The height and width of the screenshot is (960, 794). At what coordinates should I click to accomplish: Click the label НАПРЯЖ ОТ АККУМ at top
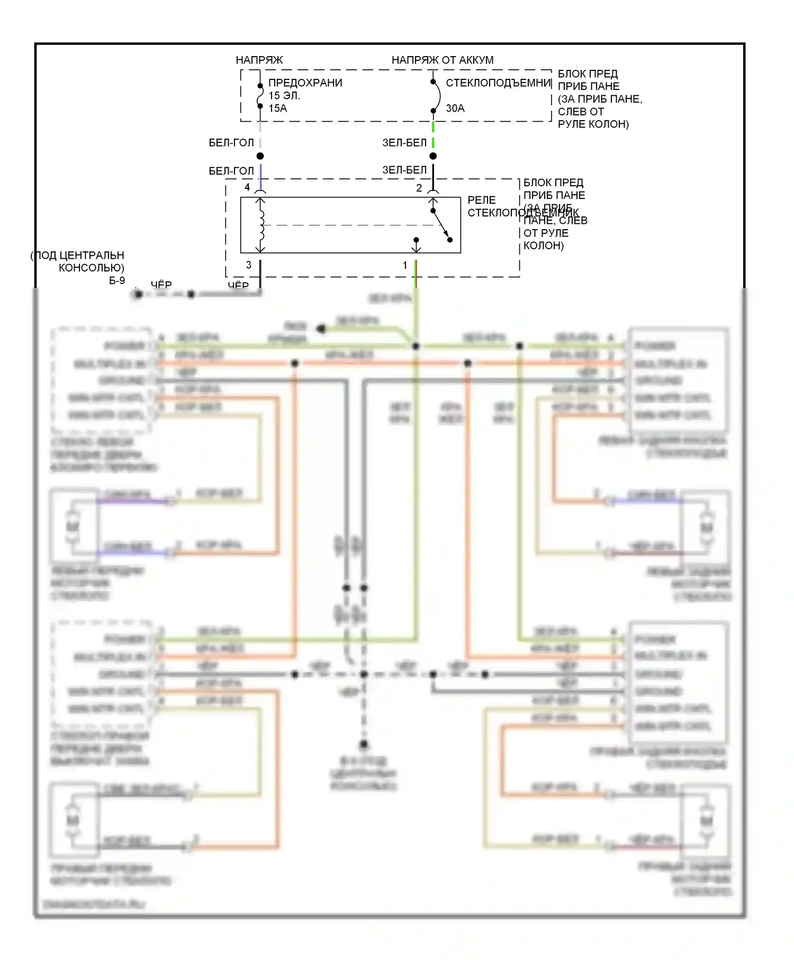point(442,60)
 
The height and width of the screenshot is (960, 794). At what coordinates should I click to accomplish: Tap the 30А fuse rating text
point(455,108)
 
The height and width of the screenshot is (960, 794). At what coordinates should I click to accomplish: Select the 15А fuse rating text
point(277,108)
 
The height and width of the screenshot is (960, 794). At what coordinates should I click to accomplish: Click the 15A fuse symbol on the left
point(260,96)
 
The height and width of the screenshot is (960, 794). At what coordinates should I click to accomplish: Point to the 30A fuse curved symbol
point(437,96)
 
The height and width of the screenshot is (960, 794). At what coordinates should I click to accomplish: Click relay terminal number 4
point(247,187)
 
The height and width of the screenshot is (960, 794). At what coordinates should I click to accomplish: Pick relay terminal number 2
point(419,188)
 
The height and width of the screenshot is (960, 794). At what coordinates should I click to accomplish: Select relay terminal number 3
point(248,265)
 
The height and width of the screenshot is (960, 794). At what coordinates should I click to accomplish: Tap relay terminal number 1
point(405,265)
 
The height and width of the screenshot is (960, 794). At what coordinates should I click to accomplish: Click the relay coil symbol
point(260,225)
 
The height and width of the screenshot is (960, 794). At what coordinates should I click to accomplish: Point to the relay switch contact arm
point(440,224)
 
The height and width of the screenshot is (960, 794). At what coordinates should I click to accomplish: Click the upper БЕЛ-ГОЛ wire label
point(231,143)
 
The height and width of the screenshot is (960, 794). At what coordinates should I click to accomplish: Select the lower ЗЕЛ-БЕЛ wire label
point(404,170)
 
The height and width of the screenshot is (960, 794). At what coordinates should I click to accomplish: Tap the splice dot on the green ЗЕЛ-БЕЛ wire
point(433,156)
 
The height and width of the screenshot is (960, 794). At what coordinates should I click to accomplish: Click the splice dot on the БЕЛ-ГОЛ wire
point(260,156)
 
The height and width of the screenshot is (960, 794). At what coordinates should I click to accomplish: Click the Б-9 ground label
point(117,280)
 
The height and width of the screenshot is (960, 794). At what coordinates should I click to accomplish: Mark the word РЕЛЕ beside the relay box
point(481,200)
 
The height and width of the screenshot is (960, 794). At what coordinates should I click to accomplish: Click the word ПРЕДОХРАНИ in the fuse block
point(305,83)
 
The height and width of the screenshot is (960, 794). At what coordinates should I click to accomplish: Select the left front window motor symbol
point(73,526)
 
